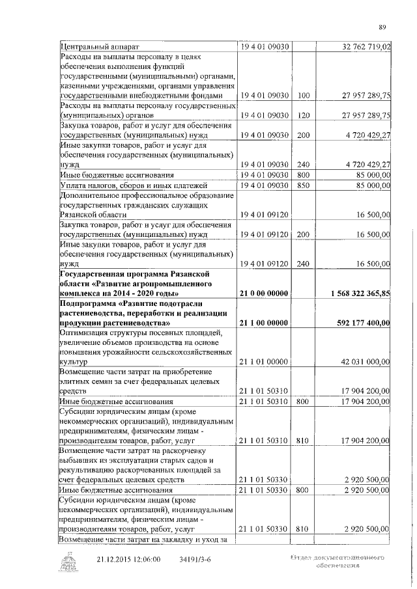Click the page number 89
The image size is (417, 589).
[x=383, y=27]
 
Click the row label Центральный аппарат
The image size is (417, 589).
[x=99, y=46]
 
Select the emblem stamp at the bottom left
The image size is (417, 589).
[x=68, y=561]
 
